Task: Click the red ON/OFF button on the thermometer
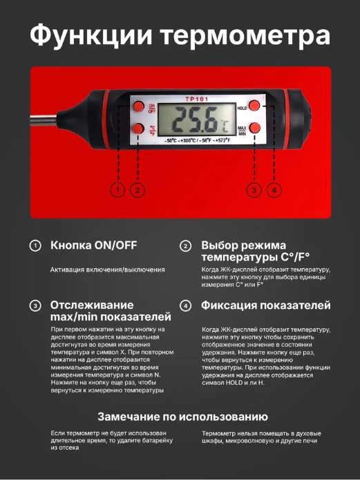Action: point(138,106)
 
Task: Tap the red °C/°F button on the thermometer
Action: point(138,129)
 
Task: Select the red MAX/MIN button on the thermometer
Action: point(254,128)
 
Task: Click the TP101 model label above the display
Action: point(197,99)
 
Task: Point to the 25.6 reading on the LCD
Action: point(194,120)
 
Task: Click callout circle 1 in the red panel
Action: point(117,190)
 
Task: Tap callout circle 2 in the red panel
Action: point(138,190)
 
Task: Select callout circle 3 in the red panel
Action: point(254,190)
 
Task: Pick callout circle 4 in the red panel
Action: point(274,190)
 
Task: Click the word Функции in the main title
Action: point(91,36)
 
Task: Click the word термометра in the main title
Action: point(246,37)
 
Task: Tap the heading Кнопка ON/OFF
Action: point(93,245)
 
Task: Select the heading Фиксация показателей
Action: point(266,305)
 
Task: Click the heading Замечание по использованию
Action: point(182,417)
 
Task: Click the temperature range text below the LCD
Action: point(198,140)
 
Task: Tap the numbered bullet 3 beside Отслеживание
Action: point(35,306)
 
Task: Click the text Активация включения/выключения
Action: point(108,270)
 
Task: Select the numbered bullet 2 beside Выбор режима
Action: point(185,246)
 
